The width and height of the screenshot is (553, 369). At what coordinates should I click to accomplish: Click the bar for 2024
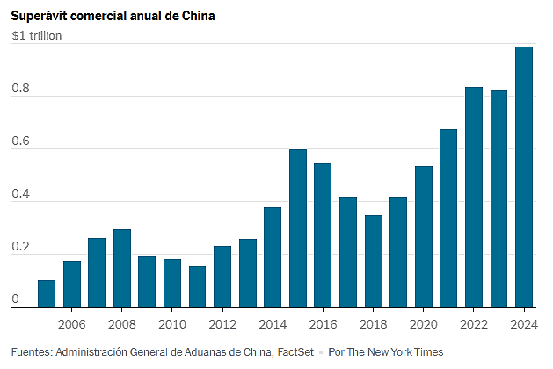click(x=524, y=177)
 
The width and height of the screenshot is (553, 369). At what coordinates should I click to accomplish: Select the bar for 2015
click(x=298, y=228)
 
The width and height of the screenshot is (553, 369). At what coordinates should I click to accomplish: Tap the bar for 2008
click(x=122, y=268)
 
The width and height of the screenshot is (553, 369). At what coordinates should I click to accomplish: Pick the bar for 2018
click(x=374, y=261)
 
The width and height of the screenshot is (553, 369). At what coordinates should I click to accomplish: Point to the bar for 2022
click(x=474, y=197)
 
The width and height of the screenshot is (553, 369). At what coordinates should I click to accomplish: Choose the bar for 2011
click(x=197, y=286)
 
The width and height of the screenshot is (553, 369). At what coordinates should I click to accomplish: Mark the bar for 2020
click(x=424, y=236)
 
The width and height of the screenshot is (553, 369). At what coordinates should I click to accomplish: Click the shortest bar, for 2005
click(x=47, y=293)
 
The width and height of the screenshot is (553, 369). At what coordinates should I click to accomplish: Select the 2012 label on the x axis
click(x=222, y=324)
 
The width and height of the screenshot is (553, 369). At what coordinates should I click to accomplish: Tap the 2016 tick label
click(x=323, y=324)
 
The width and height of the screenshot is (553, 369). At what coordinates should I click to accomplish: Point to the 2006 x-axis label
click(x=71, y=324)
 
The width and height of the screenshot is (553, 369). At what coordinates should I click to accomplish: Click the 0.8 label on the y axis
click(x=20, y=88)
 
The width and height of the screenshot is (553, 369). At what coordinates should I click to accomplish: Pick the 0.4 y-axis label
click(x=20, y=193)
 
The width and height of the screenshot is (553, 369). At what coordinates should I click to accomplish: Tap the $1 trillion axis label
click(x=37, y=36)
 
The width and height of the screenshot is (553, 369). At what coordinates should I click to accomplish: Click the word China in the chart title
click(x=198, y=16)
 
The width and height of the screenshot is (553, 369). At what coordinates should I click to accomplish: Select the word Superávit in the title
click(x=39, y=17)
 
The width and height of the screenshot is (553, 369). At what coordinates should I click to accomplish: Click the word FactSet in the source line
click(x=295, y=352)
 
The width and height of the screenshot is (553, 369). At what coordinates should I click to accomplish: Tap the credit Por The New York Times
click(x=386, y=352)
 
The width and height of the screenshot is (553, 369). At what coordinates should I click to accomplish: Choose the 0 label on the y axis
click(x=15, y=299)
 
